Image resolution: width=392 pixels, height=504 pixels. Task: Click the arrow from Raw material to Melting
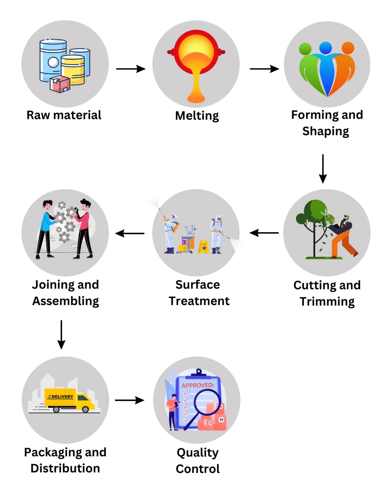coord(131,69)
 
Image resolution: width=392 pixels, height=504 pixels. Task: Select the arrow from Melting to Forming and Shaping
coord(264,69)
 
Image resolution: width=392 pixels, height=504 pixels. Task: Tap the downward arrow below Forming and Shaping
coord(323,168)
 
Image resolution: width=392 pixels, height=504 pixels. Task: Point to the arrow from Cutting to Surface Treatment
coord(264,233)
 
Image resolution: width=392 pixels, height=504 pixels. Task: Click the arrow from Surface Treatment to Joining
coord(130,234)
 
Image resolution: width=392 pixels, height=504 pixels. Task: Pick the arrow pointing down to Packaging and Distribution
coord(61,334)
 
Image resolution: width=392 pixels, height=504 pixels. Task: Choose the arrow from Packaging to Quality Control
coord(129,400)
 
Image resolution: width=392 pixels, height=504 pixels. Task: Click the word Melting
coord(197,116)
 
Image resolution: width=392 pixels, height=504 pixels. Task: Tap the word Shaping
coord(325,131)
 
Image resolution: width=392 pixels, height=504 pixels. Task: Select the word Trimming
coord(327,302)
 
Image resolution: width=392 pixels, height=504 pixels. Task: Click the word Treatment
coord(199,301)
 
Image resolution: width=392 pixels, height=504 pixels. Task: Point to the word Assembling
coord(65,301)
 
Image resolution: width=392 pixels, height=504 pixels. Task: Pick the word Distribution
coord(65,468)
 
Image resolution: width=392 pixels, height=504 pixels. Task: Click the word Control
coord(198,469)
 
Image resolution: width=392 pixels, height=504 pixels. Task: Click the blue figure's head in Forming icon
coord(325,48)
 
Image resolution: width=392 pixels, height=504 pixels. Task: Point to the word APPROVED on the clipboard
coord(197,385)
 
